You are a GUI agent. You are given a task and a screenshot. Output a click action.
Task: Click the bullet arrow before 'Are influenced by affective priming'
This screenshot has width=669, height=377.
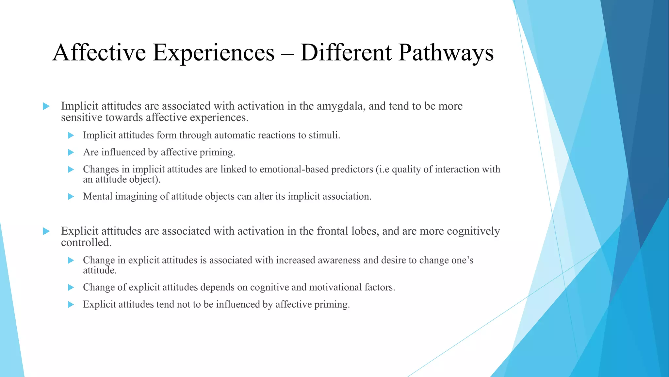(x=71, y=153)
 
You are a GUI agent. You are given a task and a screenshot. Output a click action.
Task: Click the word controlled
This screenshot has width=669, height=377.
(x=86, y=242)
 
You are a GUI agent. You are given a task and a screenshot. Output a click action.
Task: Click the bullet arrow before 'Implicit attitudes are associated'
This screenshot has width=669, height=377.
(x=46, y=106)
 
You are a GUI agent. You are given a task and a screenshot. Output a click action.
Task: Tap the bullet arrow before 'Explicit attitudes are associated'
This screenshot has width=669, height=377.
(x=46, y=231)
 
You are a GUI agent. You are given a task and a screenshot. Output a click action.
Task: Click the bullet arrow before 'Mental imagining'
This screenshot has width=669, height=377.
(x=71, y=197)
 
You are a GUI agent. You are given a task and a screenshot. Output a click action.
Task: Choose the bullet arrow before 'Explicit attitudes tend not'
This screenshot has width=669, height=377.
(x=71, y=305)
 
